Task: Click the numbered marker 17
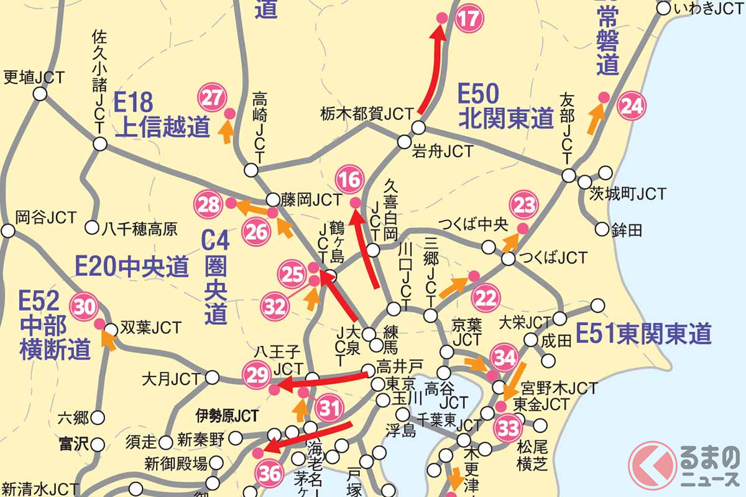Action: (x=469, y=19)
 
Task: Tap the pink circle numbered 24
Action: (x=631, y=106)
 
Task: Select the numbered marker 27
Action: (x=212, y=98)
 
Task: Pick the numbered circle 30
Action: (x=84, y=306)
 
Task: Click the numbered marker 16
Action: (x=349, y=181)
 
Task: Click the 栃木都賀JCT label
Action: (x=367, y=114)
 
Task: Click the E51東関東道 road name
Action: (x=643, y=334)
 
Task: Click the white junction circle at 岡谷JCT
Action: (x=8, y=231)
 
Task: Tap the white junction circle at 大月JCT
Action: (x=212, y=377)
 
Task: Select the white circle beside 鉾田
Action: (x=601, y=229)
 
